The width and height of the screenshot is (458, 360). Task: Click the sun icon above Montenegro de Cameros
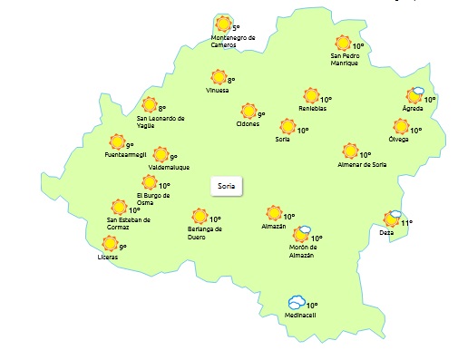coord(222,24)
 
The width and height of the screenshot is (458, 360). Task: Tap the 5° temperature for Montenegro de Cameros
coord(236,29)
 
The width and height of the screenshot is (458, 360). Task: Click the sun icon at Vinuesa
coord(218,78)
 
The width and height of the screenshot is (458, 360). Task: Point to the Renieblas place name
coord(312,109)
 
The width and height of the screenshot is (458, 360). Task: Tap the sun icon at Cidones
coord(248,112)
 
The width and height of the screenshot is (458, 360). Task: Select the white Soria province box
coord(226,186)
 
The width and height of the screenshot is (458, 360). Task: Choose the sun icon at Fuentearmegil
coord(117,141)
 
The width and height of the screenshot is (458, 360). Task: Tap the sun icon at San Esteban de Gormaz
coord(118,208)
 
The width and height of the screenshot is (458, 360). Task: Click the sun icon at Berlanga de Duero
coord(200,216)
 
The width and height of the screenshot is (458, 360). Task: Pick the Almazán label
coord(272,225)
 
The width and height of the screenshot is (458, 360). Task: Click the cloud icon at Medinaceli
coord(296,303)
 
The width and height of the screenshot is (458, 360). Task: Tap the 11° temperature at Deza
coord(407,223)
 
